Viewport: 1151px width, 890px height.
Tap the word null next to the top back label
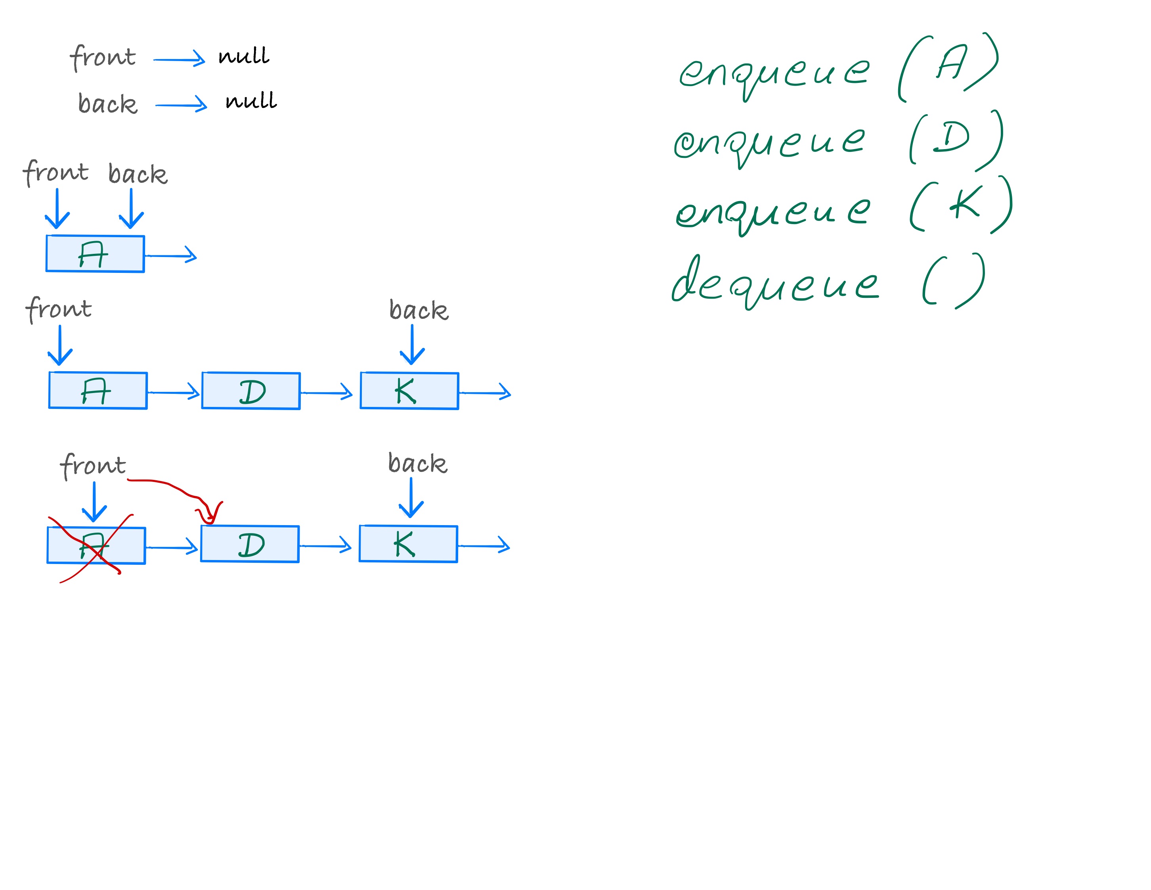click(x=251, y=100)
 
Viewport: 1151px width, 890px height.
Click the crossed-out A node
click(x=96, y=546)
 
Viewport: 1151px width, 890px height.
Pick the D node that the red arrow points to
click(x=250, y=544)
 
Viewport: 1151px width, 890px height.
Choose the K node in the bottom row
click(x=408, y=544)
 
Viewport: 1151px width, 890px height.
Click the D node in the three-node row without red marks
click(x=251, y=391)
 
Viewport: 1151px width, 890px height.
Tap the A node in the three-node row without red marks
click(x=98, y=391)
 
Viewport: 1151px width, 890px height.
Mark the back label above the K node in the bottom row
click(x=417, y=463)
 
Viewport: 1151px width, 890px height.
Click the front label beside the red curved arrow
click(x=93, y=465)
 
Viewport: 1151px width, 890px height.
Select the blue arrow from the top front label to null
click(x=179, y=59)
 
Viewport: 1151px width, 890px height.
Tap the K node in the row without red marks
click(x=409, y=391)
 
